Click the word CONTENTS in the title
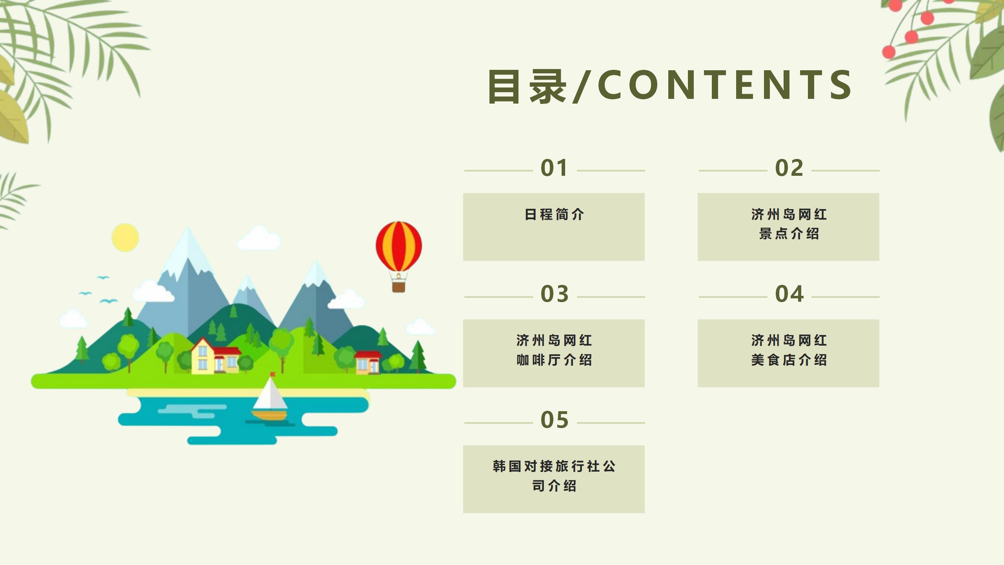725,85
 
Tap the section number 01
554,168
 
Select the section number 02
789,168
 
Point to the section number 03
555,294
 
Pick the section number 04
789,294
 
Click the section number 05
555,420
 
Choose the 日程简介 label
554,215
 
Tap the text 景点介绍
789,234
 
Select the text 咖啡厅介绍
554,360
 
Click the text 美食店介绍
789,360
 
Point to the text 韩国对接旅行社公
554,466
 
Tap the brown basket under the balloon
399,286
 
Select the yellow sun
125,237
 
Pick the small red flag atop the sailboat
273,375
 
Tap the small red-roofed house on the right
368,362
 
